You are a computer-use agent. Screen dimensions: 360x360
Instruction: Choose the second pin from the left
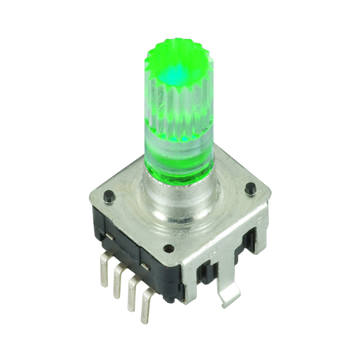click(x=118, y=278)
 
